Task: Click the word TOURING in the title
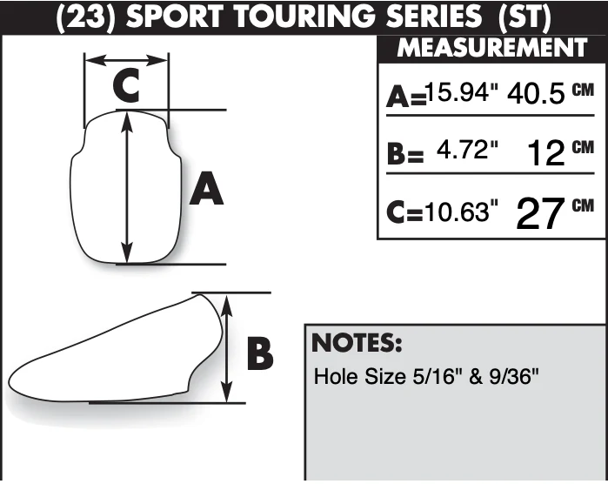point(305,17)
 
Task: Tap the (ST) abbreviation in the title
point(524,17)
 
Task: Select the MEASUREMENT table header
point(492,48)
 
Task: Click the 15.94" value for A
point(461,93)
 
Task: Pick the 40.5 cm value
point(551,93)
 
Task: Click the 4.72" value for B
point(467,150)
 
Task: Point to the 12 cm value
point(561,151)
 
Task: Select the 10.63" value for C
point(461,212)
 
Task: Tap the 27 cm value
point(555,212)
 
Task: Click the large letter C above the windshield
point(126,86)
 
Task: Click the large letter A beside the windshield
point(206,189)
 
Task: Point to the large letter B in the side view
point(260,354)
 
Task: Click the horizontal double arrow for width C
point(126,60)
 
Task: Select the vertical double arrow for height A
point(127,187)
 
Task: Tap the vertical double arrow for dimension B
point(227,348)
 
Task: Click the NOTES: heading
point(357,343)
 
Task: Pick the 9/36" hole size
point(514,376)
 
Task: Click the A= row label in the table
point(406,97)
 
